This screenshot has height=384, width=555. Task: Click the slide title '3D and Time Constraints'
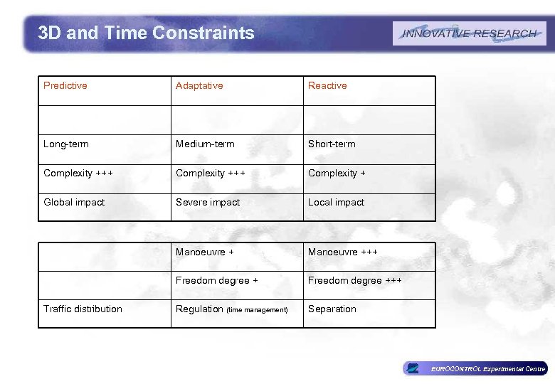coord(146,33)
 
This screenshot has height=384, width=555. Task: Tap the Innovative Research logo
coord(469,33)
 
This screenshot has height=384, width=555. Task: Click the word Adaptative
coord(199,86)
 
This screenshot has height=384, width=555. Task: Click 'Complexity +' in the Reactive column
coord(337,174)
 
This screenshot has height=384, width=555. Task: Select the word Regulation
coord(199,309)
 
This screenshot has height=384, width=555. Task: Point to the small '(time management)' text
coord(257,310)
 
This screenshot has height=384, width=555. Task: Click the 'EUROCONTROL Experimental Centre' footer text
coord(488,369)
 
